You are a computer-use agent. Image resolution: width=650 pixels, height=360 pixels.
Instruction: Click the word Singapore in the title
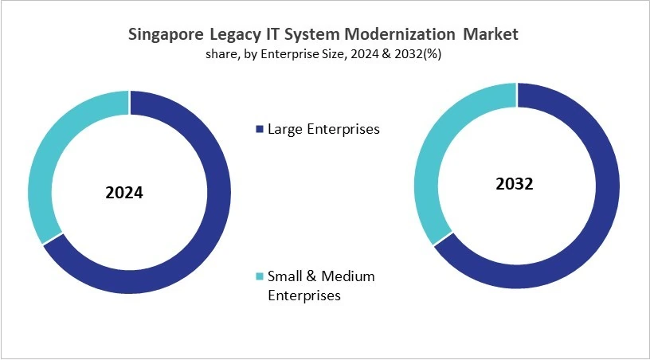coord(166,35)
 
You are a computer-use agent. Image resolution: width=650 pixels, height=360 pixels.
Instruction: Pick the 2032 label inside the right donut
coord(514,184)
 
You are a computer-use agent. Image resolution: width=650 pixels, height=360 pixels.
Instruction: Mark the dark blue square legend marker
coord(258,128)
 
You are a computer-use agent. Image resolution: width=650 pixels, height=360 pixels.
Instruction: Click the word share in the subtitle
coord(219,54)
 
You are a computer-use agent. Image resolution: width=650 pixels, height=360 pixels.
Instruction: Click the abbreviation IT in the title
coord(272,35)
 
